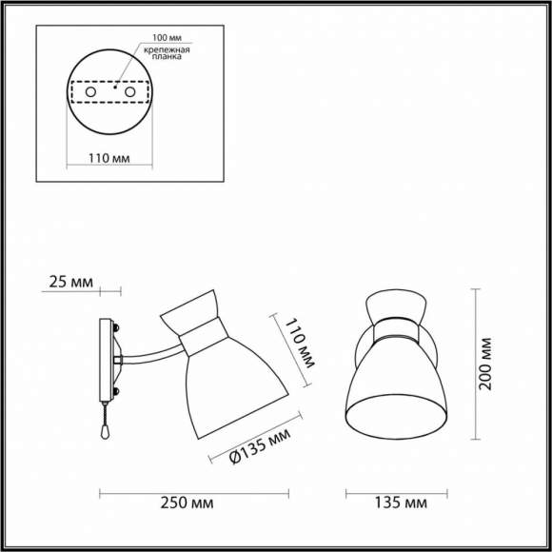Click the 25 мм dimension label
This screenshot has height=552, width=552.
pyautogui.click(x=71, y=283)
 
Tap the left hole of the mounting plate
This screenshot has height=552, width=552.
pyautogui.click(x=89, y=93)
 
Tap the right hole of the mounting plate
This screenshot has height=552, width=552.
pyautogui.click(x=128, y=93)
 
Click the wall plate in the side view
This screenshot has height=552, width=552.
pyautogui.click(x=106, y=361)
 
